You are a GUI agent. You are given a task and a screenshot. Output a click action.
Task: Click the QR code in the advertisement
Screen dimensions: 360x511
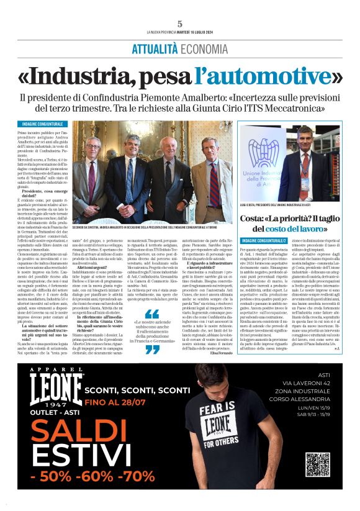[318, 466]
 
